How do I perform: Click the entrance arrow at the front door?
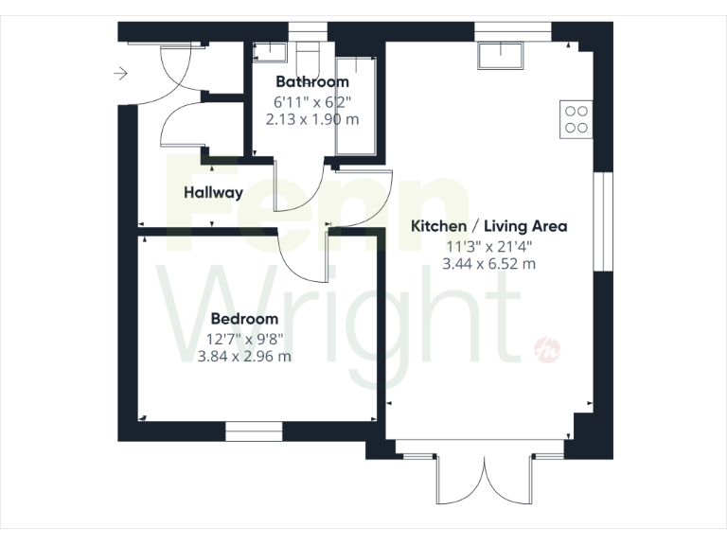[x=119, y=73]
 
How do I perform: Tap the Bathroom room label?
[x=311, y=82]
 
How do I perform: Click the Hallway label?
[x=213, y=192]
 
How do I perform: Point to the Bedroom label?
[x=244, y=319]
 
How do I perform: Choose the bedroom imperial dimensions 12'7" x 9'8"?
[x=244, y=338]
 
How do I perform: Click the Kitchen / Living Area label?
[x=488, y=226]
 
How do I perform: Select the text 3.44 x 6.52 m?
[x=488, y=264]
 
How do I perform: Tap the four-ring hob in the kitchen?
[x=576, y=118]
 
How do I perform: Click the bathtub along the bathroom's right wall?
[x=356, y=104]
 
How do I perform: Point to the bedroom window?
[x=255, y=431]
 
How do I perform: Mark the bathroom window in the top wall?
[x=302, y=31]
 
